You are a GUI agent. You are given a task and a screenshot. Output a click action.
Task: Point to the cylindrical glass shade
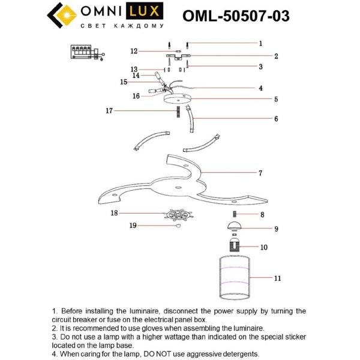234,278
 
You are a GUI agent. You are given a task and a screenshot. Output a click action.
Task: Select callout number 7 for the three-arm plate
260,173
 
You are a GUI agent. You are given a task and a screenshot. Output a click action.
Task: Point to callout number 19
133,226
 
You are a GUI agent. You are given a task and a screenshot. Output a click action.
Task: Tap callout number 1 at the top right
260,43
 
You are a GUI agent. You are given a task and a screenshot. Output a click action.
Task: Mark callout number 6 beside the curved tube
276,119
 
